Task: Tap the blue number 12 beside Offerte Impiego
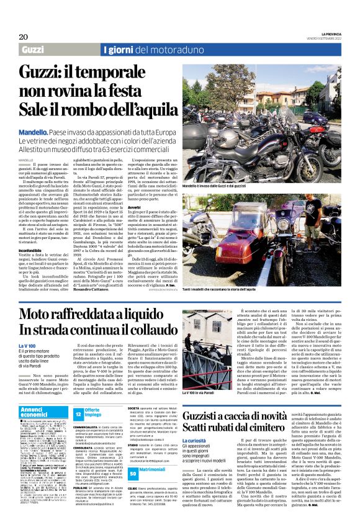pyautogui.click(x=78, y=413)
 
